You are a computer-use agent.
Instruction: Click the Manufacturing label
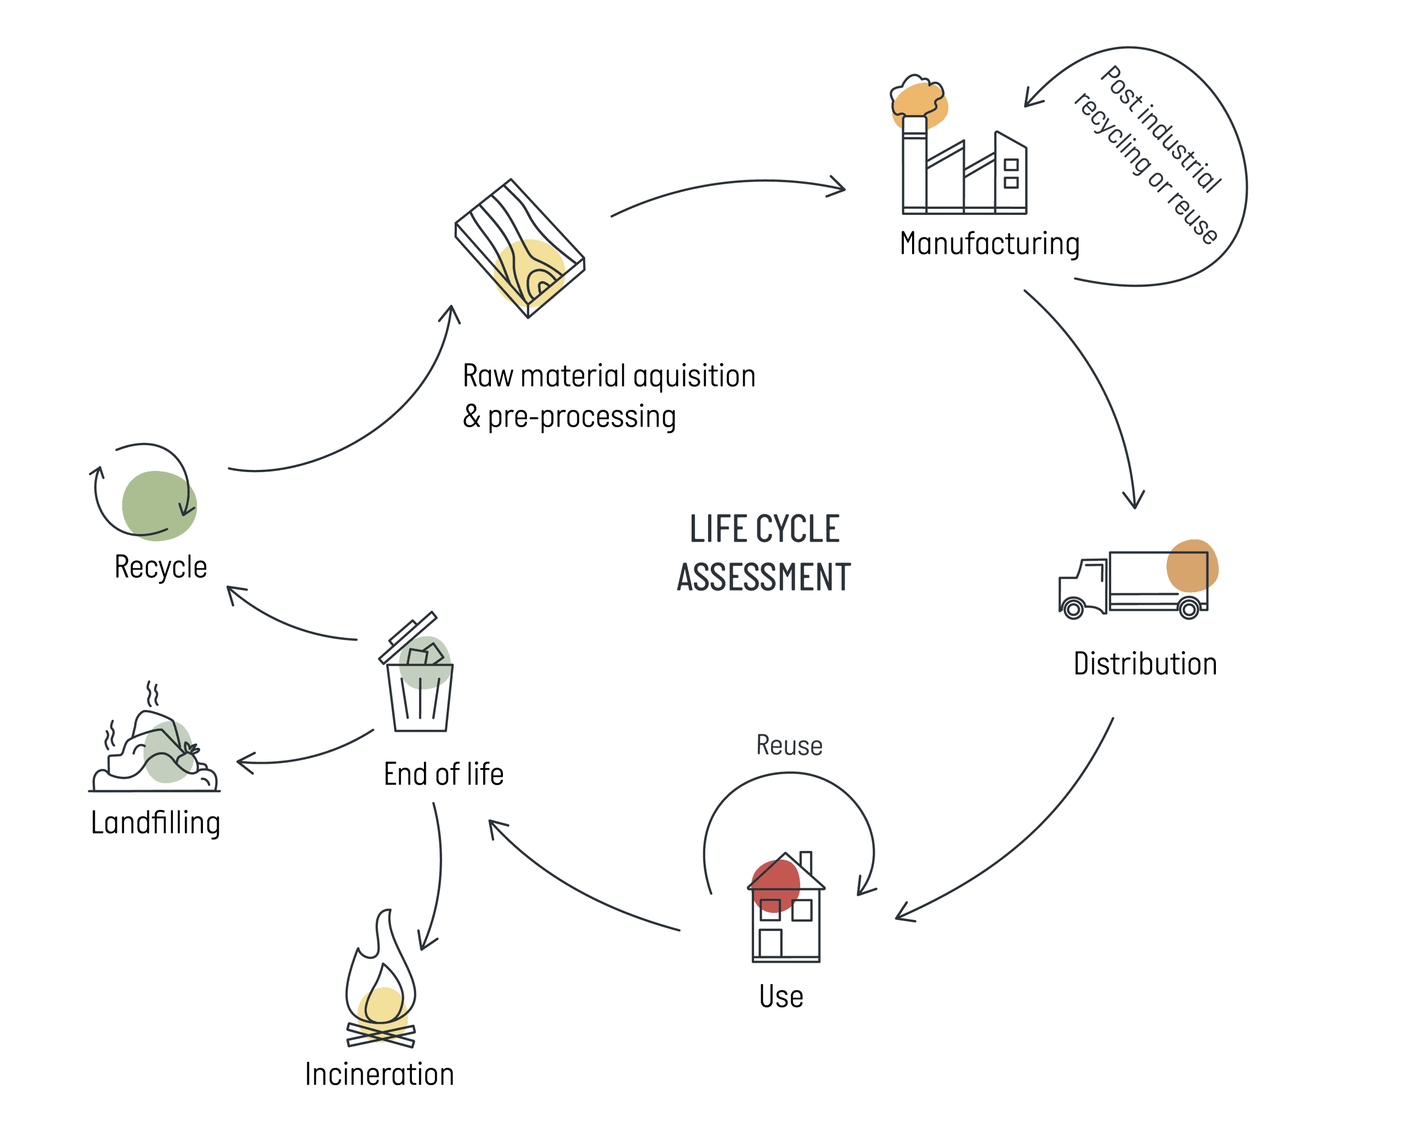[x=989, y=244]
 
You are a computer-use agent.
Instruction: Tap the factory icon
[x=959, y=145]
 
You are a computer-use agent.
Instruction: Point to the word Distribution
[x=1145, y=664]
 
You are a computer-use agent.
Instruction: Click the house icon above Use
[x=786, y=907]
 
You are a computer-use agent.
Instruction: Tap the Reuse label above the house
[x=789, y=745]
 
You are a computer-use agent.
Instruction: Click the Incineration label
[x=380, y=1074]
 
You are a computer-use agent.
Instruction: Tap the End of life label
[x=444, y=774]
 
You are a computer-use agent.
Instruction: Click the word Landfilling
[x=156, y=823]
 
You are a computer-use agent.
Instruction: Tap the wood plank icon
[x=520, y=248]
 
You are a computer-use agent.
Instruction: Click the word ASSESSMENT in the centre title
[x=764, y=577]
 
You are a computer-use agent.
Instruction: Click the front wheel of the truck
[x=1073, y=609]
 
